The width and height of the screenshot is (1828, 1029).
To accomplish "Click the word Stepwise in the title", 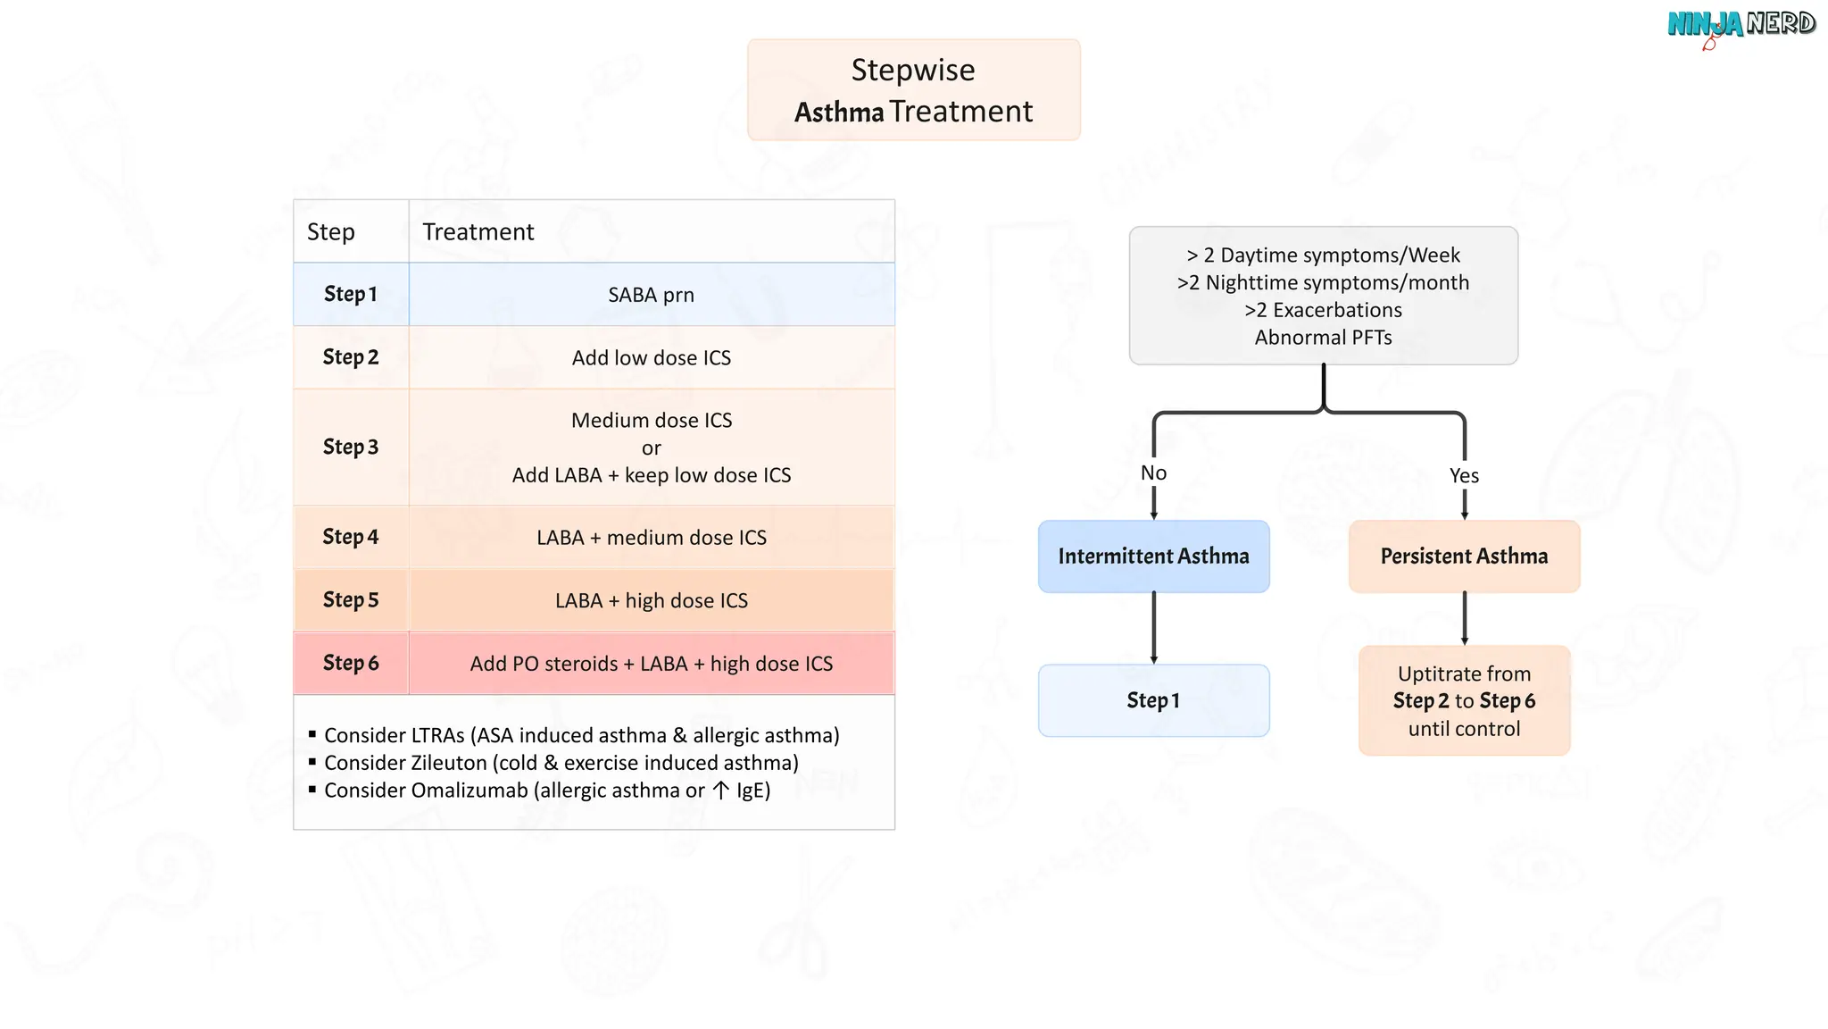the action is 913,70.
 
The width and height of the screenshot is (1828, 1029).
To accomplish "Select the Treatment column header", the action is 478,231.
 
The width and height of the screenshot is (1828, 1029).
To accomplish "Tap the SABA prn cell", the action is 652,294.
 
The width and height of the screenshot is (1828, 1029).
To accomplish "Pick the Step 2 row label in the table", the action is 351,357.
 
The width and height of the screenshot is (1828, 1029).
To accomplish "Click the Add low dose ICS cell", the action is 652,357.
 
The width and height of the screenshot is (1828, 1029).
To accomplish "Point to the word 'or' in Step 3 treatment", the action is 652,448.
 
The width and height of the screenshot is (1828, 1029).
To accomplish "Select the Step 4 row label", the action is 351,537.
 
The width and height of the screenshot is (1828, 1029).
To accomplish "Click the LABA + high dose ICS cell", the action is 652,600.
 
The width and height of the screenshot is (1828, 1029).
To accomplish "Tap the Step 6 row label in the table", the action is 351,663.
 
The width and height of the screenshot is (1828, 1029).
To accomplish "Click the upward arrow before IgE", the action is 721,791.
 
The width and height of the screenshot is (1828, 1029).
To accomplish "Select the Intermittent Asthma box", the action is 1154,556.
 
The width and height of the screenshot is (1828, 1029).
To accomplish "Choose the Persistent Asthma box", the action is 1465,556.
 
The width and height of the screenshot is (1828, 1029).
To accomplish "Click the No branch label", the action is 1154,473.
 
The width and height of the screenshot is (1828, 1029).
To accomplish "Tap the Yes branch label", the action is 1465,475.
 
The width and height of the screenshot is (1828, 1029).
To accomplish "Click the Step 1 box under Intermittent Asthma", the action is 1154,700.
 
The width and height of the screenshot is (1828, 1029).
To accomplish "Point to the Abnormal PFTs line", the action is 1324,338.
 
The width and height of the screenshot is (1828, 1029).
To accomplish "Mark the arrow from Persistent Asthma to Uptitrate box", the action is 1465,619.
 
